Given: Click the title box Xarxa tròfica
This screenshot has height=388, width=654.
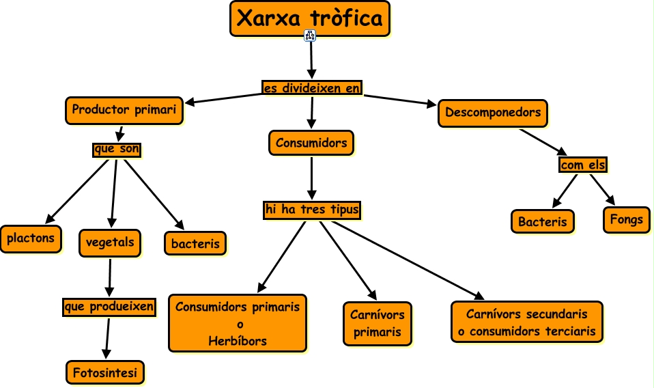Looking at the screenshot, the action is click(x=309, y=18).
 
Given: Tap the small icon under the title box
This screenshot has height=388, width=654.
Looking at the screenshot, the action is click(x=310, y=36).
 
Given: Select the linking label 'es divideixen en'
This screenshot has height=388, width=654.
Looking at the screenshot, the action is click(x=311, y=88).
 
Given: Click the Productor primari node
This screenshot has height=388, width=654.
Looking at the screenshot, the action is click(x=124, y=111).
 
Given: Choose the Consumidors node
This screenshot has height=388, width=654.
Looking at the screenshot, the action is click(x=311, y=143).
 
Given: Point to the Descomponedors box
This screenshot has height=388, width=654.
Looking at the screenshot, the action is click(x=493, y=113).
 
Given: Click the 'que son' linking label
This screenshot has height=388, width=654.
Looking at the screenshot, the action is click(x=117, y=150).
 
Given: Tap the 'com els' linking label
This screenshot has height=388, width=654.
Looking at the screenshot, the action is click(x=583, y=165).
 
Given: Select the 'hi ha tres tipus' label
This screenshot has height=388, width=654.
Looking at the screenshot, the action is click(x=312, y=210).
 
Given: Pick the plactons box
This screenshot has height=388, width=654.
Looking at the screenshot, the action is click(x=31, y=239).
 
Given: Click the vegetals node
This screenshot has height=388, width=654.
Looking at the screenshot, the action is click(x=110, y=242).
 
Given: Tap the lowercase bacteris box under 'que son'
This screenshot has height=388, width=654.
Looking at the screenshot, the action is click(x=195, y=244).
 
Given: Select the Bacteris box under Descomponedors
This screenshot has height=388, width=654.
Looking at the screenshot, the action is click(x=543, y=221).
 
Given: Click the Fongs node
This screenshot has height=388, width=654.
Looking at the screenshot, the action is click(x=627, y=220).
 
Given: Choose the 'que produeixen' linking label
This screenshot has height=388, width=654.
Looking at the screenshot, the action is click(x=109, y=307).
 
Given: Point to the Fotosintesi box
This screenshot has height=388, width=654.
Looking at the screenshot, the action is click(x=105, y=372).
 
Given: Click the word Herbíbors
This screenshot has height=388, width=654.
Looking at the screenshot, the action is click(x=238, y=342).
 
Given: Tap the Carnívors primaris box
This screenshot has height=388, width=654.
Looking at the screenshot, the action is click(x=378, y=324).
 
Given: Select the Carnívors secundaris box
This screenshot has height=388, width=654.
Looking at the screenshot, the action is click(x=527, y=322).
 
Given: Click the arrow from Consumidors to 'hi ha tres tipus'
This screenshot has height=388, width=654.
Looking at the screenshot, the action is click(x=311, y=178).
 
